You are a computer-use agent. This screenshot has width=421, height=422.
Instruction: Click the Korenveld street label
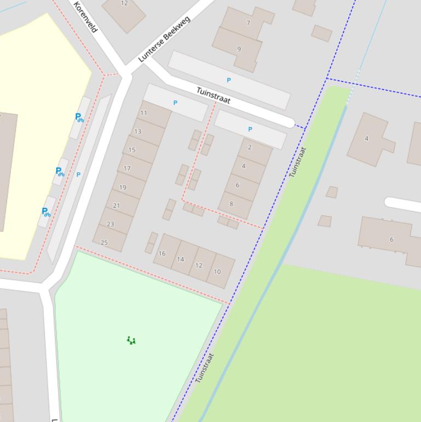pos(85,16)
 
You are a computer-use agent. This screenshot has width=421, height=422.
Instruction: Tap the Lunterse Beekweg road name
pos(164,38)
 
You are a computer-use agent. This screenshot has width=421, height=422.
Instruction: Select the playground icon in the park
pos(131,340)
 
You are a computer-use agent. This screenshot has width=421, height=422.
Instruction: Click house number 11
pos(143,113)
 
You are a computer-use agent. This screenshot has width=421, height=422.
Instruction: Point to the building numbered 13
pos(137,132)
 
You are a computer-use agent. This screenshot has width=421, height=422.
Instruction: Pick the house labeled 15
pos(132,150)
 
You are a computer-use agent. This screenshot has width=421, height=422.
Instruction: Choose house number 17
pos(127,168)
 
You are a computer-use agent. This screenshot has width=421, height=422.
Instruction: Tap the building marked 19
pos(123,187)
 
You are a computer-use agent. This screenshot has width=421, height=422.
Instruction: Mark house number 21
pos(116,206)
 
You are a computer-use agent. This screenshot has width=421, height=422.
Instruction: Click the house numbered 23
pos(111,224)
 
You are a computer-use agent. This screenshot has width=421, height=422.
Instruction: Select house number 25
pos(105,242)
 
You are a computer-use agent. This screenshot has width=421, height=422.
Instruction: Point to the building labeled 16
pos(162,253)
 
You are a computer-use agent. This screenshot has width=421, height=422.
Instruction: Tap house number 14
pos(181,259)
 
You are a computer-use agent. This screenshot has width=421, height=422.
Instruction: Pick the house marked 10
pos(217,271)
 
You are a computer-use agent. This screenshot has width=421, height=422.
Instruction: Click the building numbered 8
pos(231,204)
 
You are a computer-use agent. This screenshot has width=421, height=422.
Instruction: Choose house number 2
pos(250,147)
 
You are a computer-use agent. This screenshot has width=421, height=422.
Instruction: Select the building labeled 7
pos(248,23)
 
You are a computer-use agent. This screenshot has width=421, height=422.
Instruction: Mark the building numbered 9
pos(239,49)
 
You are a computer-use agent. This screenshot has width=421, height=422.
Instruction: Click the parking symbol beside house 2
pos(250,129)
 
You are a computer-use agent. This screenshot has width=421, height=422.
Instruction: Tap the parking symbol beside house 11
pos(175,102)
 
